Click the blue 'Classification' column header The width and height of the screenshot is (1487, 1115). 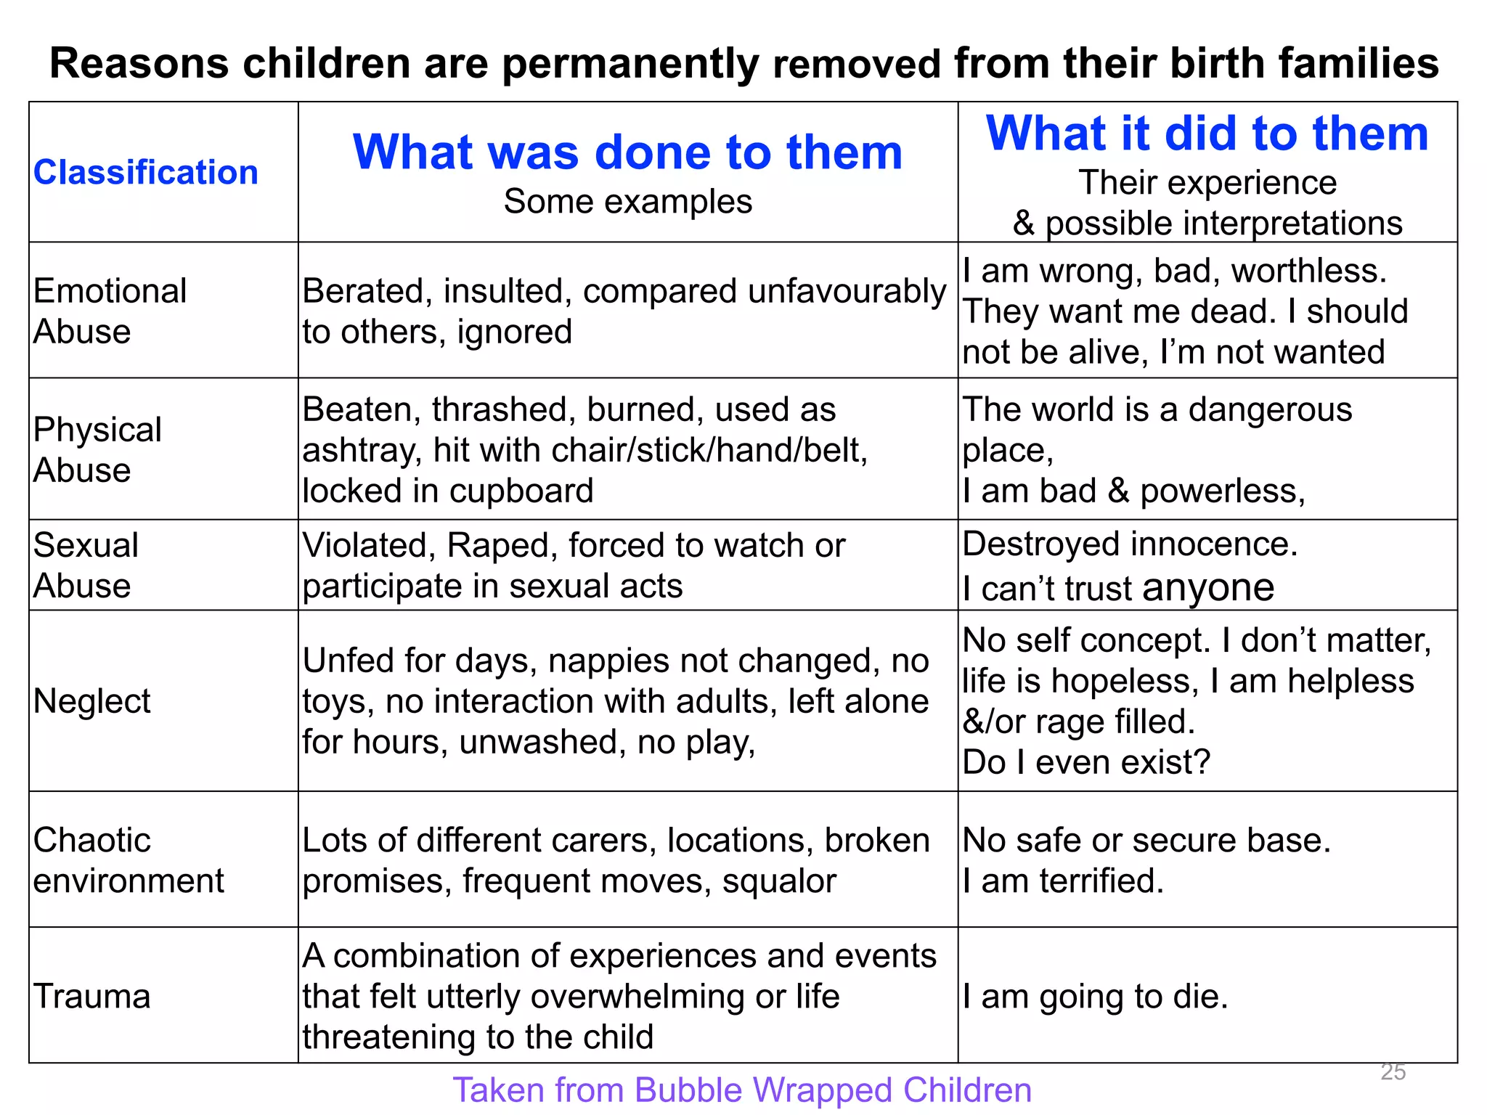(x=145, y=173)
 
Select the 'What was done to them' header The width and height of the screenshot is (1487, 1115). (x=627, y=152)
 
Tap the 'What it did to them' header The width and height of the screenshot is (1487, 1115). (x=1207, y=134)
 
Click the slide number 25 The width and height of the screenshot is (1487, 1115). (x=1393, y=1072)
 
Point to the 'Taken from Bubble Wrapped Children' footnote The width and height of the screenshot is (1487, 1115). (x=742, y=1090)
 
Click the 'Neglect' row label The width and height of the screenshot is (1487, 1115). (x=91, y=701)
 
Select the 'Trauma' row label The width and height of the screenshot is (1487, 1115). (x=91, y=996)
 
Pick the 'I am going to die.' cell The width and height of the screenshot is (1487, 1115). (x=1095, y=996)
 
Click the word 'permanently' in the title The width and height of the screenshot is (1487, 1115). (x=630, y=63)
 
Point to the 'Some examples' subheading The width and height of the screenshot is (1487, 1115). (x=627, y=202)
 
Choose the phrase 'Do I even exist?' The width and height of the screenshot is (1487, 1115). (x=1086, y=762)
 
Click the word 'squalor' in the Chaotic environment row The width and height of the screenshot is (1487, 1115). (x=779, y=881)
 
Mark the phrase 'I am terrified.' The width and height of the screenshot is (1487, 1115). (x=1063, y=881)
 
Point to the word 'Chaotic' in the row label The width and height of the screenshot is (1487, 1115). (x=91, y=841)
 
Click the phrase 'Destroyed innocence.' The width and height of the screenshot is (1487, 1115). (x=1130, y=544)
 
